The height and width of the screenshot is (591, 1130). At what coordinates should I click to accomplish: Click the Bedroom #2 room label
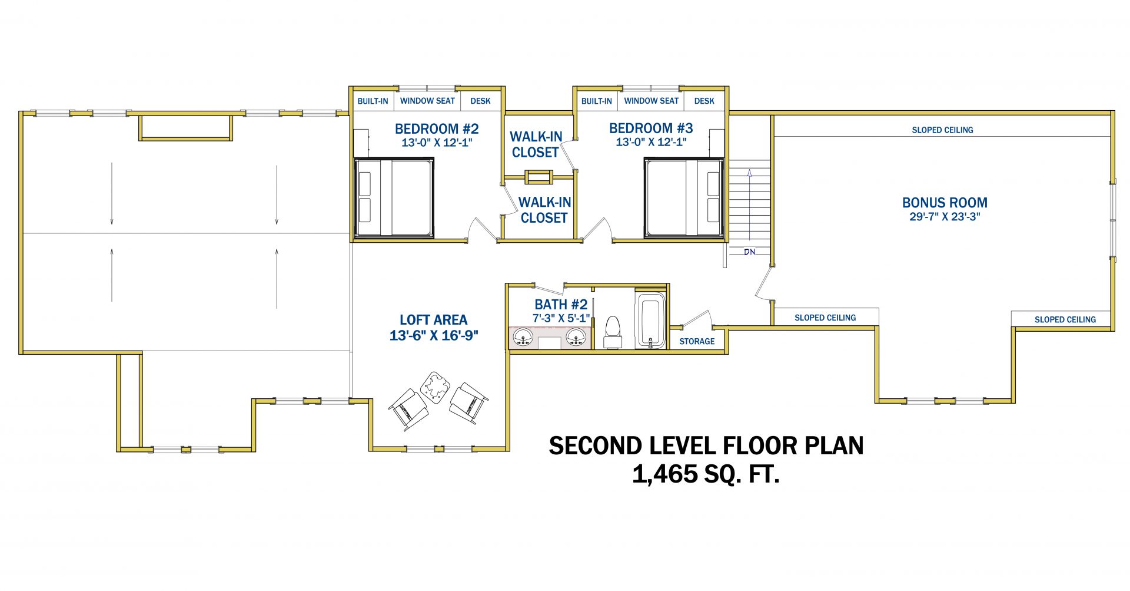pyautogui.click(x=437, y=128)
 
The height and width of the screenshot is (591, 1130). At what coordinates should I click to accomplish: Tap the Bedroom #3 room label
pyautogui.click(x=651, y=128)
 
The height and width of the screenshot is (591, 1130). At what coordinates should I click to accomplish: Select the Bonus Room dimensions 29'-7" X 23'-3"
pyautogui.click(x=945, y=217)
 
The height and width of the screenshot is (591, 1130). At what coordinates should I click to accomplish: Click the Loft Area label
pyautogui.click(x=434, y=320)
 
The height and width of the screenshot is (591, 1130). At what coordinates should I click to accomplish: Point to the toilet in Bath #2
pyautogui.click(x=613, y=332)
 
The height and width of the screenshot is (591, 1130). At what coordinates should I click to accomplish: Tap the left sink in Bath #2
pyautogui.click(x=523, y=338)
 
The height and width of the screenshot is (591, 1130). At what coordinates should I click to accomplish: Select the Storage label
pyautogui.click(x=697, y=341)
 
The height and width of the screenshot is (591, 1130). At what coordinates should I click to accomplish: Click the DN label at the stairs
pyautogui.click(x=749, y=252)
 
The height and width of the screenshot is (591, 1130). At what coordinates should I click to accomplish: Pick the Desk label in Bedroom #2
pyautogui.click(x=480, y=101)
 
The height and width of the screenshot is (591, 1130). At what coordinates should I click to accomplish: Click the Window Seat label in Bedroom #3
pyautogui.click(x=652, y=101)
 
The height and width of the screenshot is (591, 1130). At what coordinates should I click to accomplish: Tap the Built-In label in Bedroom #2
pyautogui.click(x=373, y=101)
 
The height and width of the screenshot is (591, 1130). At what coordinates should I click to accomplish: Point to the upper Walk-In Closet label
pyautogui.click(x=536, y=144)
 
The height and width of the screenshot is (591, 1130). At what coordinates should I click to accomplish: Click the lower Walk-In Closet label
pyautogui.click(x=544, y=210)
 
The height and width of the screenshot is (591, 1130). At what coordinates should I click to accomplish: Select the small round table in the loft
pyautogui.click(x=435, y=387)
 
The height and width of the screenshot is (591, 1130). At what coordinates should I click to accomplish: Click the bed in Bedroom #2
pyautogui.click(x=394, y=198)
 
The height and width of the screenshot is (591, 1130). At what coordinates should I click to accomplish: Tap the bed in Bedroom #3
pyautogui.click(x=684, y=198)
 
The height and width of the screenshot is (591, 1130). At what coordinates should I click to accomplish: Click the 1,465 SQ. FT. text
pyautogui.click(x=706, y=474)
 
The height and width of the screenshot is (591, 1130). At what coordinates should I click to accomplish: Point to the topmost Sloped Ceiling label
pyautogui.click(x=942, y=130)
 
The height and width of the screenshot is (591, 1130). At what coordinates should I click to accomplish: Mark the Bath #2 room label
pyautogui.click(x=561, y=304)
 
